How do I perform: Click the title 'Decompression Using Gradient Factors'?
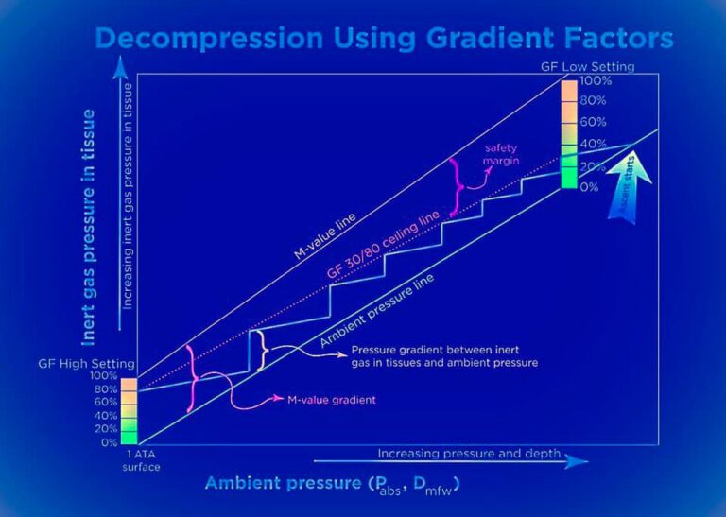point(384,39)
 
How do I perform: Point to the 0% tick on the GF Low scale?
point(589,186)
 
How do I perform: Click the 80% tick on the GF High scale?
point(106,388)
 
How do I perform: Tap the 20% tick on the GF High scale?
point(106,428)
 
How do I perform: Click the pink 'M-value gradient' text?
point(330,400)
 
